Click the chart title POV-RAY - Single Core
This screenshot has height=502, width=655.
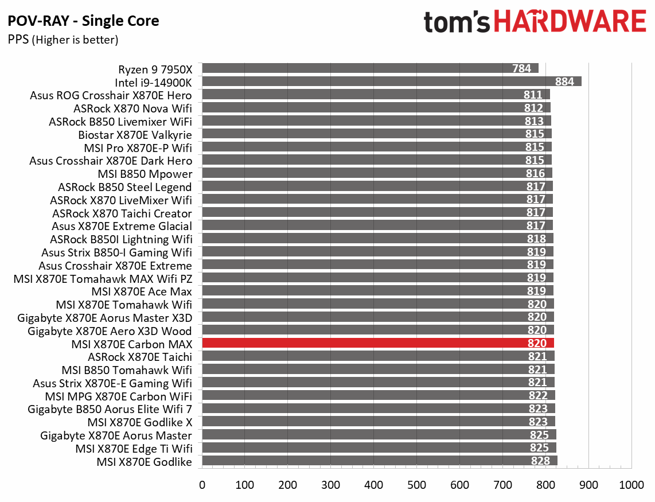pyautogui.click(x=83, y=22)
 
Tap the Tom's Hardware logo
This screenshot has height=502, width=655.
pyautogui.click(x=535, y=22)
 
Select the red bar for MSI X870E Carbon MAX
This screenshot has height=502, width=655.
pyautogui.click(x=377, y=343)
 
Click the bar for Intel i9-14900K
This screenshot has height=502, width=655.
pyautogui.click(x=391, y=81)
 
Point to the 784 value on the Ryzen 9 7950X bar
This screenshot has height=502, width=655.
pyautogui.click(x=521, y=69)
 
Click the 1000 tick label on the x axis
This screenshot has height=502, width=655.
pyautogui.click(x=632, y=485)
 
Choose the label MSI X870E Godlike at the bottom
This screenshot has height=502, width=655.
pyautogui.click(x=144, y=461)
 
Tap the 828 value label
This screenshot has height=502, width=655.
pyautogui.click(x=540, y=461)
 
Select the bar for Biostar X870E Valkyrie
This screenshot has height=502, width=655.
pyautogui.click(x=376, y=134)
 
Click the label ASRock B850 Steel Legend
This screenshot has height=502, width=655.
pyautogui.click(x=125, y=186)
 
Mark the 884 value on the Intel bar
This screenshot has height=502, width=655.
pyautogui.click(x=564, y=81)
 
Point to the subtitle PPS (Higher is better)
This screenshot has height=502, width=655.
pyautogui.click(x=63, y=40)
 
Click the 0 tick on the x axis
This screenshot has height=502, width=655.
pyautogui.click(x=202, y=485)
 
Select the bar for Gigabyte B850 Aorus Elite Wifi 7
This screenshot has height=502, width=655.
pyautogui.click(x=378, y=408)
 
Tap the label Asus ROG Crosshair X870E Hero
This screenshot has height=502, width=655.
pyautogui.click(x=111, y=95)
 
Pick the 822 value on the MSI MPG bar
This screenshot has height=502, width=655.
pyautogui.click(x=538, y=396)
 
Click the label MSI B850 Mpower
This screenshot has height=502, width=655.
pyautogui.click(x=145, y=173)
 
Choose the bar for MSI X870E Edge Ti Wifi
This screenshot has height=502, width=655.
pyautogui.click(x=379, y=448)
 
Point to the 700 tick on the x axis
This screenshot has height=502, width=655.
pyautogui.click(x=503, y=485)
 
